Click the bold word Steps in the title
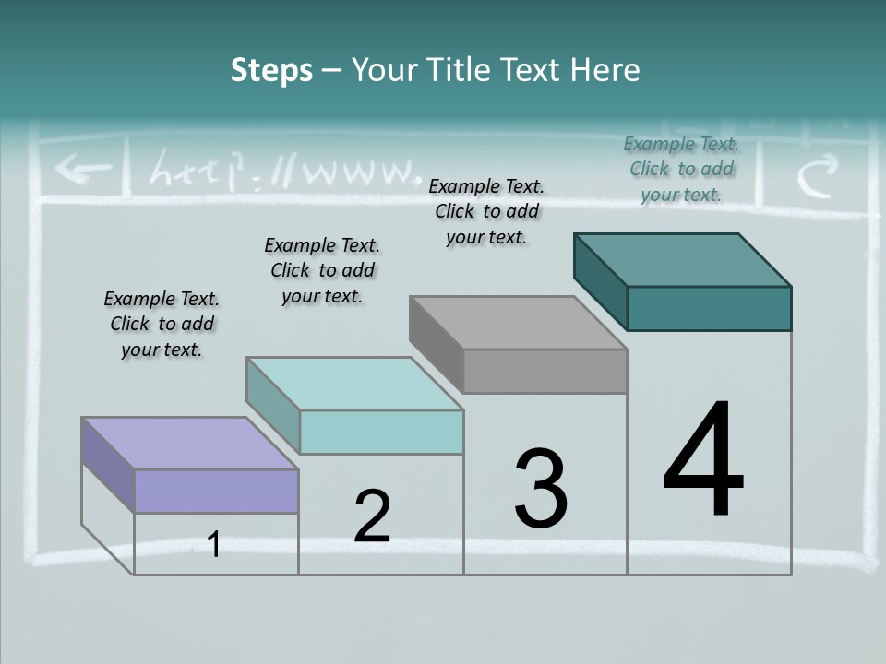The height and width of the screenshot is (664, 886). (x=271, y=70)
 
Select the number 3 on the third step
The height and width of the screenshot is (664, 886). (x=541, y=489)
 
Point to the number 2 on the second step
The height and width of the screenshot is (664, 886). (x=372, y=516)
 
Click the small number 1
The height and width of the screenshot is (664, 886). (x=214, y=545)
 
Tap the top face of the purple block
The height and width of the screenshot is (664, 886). (x=190, y=444)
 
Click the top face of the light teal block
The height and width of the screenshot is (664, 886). (x=354, y=384)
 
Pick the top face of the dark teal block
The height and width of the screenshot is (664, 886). (x=683, y=259)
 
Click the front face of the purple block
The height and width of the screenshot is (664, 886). (x=216, y=491)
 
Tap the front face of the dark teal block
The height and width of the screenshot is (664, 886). (x=709, y=308)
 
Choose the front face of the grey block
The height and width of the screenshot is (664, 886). (x=545, y=371)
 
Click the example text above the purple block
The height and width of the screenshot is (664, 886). (x=162, y=324)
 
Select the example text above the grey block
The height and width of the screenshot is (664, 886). (x=486, y=211)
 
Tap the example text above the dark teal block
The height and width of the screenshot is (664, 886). (x=681, y=169)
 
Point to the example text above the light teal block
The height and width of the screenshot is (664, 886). (x=322, y=270)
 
